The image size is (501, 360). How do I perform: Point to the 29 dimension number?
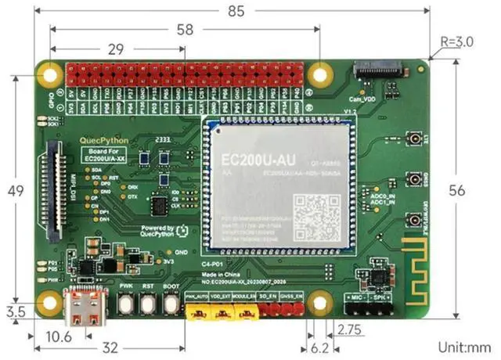(x=116, y=49)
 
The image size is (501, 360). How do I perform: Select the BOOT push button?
(x=171, y=303)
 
